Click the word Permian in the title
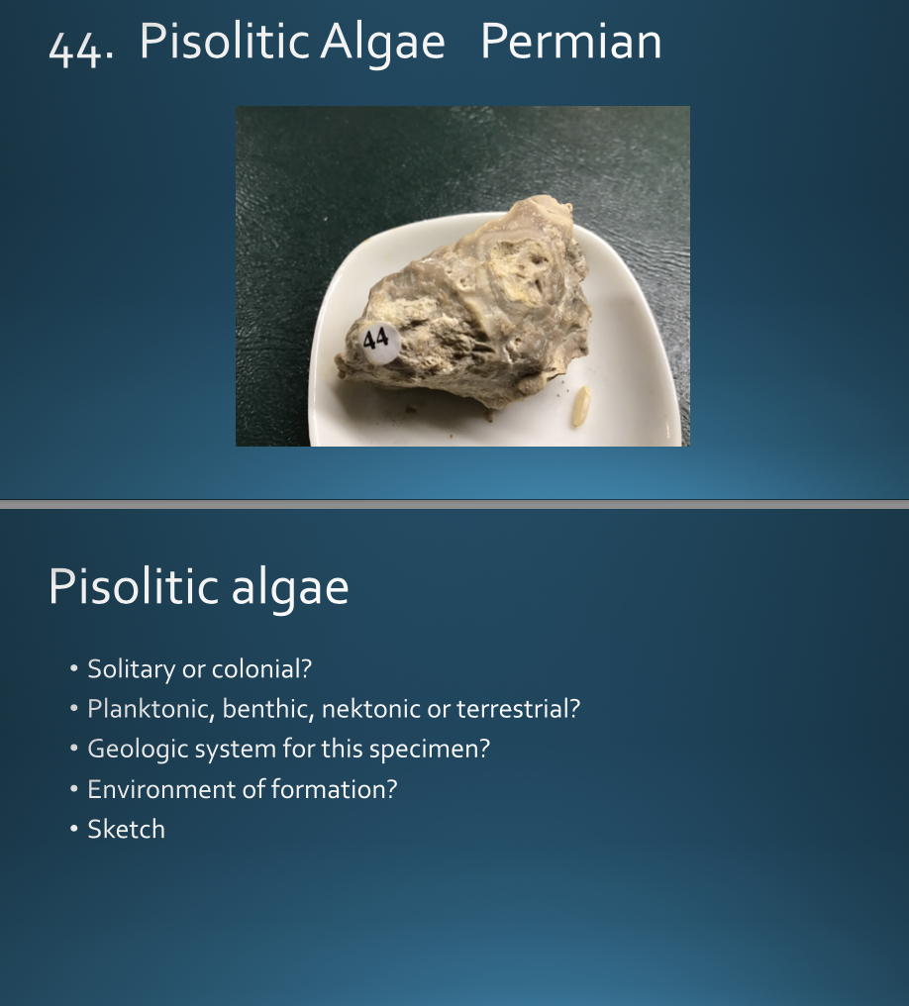click(x=570, y=42)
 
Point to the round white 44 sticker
click(x=376, y=341)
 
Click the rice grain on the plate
click(x=581, y=406)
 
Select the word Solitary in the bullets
click(x=130, y=669)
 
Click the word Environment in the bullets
click(x=147, y=789)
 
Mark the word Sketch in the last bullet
click(x=126, y=829)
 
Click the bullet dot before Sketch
click(x=73, y=829)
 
